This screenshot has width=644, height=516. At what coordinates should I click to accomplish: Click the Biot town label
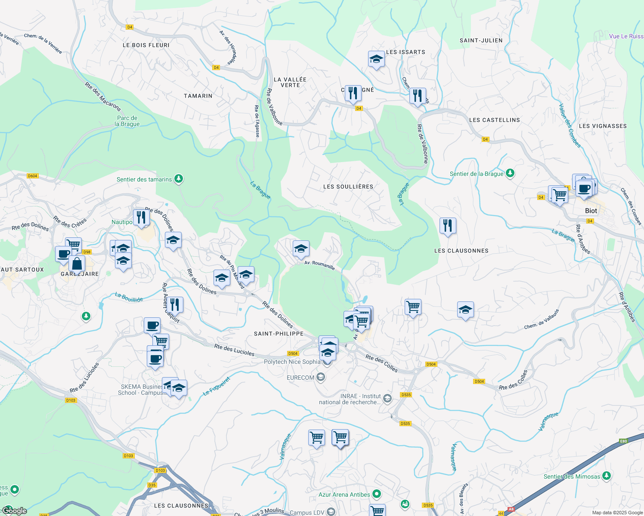click(591, 211)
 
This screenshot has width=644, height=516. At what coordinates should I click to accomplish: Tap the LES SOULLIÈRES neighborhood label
click(348, 187)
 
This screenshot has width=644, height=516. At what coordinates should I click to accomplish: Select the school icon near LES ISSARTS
click(376, 59)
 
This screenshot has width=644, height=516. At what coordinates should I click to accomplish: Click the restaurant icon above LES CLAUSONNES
click(448, 226)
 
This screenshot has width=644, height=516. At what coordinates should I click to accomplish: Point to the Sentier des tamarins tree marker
click(179, 179)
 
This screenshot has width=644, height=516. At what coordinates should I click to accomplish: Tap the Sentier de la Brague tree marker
click(510, 173)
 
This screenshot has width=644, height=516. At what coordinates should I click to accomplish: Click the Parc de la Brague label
click(127, 121)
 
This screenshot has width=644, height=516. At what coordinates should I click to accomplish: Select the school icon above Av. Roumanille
click(301, 249)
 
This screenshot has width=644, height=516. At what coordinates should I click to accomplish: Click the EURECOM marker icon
click(320, 378)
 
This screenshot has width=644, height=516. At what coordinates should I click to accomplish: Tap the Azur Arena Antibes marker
click(377, 494)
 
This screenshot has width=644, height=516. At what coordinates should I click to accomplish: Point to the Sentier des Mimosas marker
click(607, 476)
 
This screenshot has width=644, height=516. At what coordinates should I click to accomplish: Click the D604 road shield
click(32, 176)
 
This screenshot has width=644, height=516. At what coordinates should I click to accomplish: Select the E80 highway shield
click(623, 441)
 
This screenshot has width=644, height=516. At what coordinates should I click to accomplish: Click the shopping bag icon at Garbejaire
click(77, 264)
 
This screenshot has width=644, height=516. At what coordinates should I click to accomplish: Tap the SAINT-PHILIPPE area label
click(279, 334)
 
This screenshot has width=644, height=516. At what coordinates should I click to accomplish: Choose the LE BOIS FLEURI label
click(146, 45)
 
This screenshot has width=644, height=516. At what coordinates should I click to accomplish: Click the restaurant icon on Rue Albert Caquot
click(175, 305)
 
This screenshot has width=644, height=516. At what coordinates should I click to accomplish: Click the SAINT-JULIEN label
click(481, 40)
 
